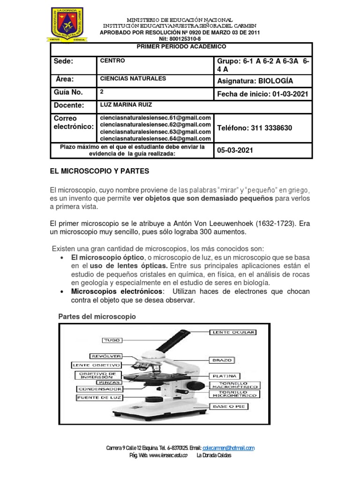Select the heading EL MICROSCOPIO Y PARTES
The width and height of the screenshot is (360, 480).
[x=99, y=172]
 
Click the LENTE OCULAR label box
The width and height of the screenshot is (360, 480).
[x=233, y=332]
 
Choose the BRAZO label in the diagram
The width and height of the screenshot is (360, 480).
[x=222, y=360]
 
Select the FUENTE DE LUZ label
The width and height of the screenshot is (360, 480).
[x=98, y=398]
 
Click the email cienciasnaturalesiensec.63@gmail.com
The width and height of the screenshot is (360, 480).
[x=155, y=132]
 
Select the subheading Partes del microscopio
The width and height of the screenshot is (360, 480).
[x=97, y=316]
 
